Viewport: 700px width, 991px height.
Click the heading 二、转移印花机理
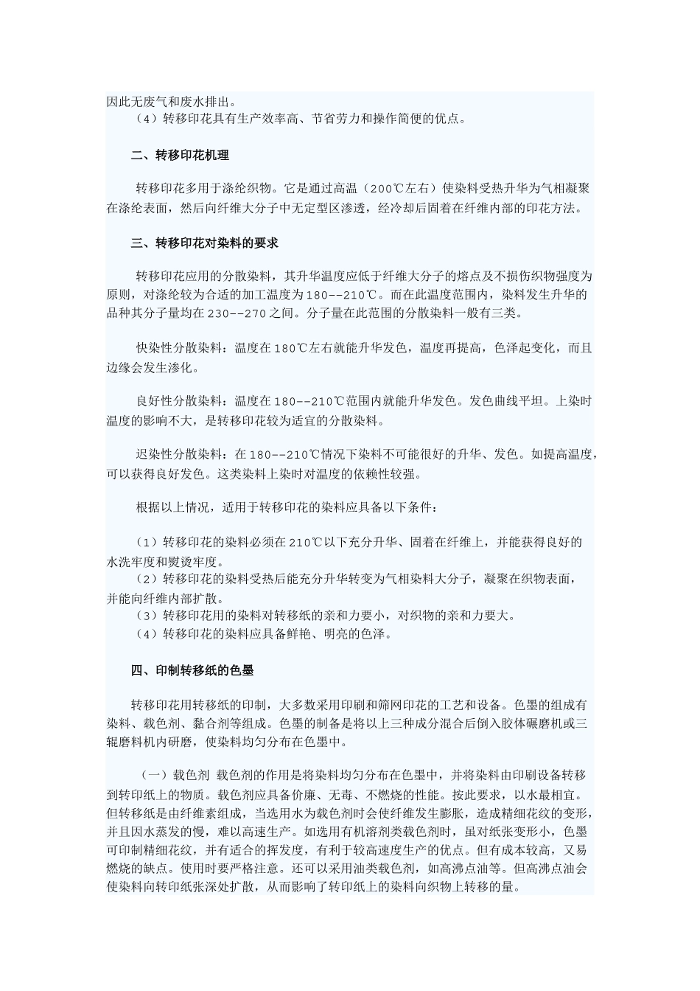coord(180,156)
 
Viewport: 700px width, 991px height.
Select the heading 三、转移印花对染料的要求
coord(204,243)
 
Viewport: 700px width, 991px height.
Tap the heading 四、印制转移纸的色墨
coord(192,670)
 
